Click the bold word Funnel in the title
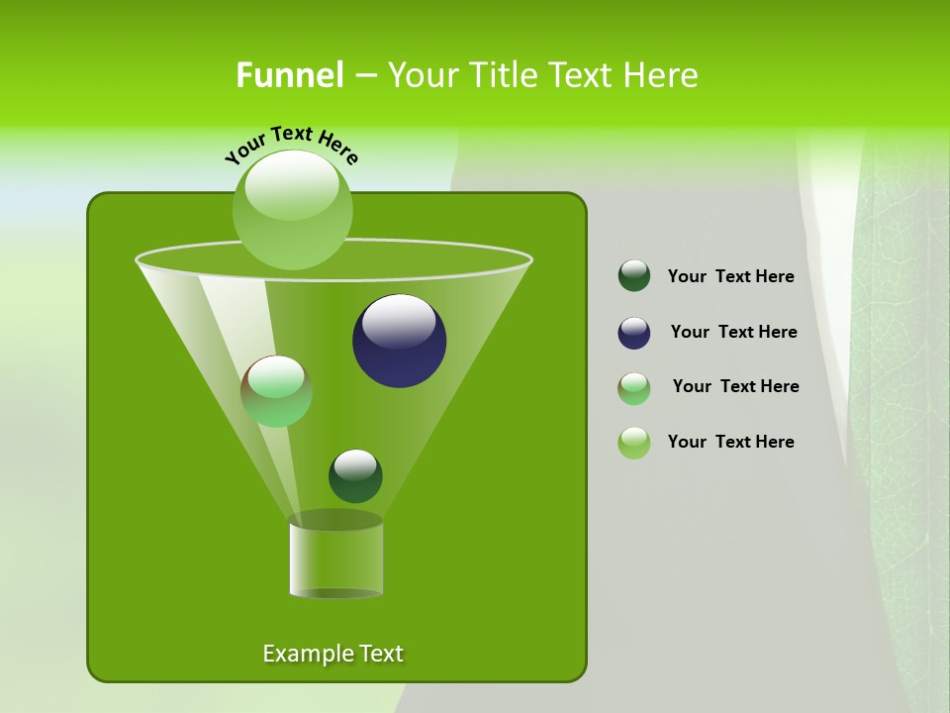click(289, 75)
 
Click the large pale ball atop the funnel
click(293, 209)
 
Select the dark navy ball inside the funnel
click(400, 342)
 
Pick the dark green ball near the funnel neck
click(355, 476)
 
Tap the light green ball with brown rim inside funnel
click(277, 391)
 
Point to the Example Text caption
click(332, 654)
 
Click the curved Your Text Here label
click(291, 144)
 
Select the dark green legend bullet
click(634, 276)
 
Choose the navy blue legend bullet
click(634, 333)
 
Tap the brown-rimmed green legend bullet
click(634, 388)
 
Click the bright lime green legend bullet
click(634, 443)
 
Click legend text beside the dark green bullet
click(730, 277)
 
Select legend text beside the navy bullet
click(733, 332)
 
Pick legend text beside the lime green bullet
click(730, 442)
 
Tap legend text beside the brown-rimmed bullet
click(735, 386)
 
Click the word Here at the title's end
click(662, 75)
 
